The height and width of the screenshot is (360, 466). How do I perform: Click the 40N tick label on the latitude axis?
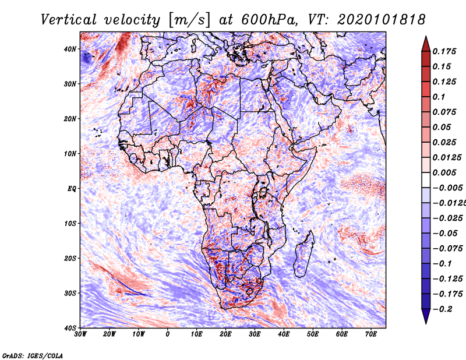(69, 49)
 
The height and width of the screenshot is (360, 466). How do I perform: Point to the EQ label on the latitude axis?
(72, 189)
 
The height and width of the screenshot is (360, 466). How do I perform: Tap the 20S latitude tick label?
(69, 258)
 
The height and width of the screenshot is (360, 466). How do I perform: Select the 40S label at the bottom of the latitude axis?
(69, 328)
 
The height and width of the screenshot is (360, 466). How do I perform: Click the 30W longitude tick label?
(80, 334)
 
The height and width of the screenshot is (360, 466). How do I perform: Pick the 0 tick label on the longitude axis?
(168, 334)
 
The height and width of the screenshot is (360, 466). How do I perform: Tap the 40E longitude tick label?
(284, 334)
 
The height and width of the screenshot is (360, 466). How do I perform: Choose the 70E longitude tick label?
(371, 334)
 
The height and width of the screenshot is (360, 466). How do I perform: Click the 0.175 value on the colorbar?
(444, 51)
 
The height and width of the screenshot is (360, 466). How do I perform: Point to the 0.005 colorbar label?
(444, 172)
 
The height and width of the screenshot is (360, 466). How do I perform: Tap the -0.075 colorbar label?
(447, 249)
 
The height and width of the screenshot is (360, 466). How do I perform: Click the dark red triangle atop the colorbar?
(426, 44)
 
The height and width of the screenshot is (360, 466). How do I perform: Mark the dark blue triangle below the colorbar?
(426, 316)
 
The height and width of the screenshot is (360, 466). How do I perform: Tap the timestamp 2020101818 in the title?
(382, 20)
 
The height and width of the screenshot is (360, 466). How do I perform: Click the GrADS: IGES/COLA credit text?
(33, 355)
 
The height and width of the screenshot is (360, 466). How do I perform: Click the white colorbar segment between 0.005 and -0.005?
(426, 180)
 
